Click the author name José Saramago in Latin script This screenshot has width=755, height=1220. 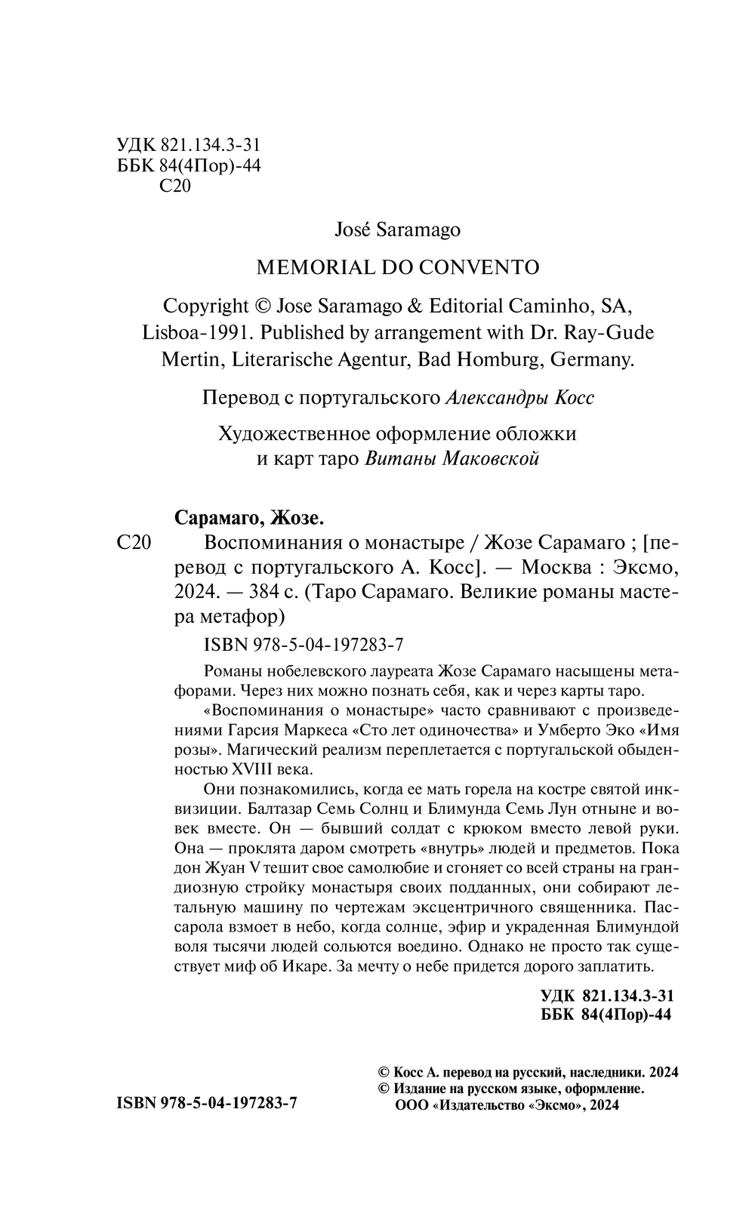click(397, 230)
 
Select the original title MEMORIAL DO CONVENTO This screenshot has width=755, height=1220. click(398, 266)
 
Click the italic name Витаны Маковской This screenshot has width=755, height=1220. click(451, 458)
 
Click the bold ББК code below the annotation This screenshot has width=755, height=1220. click(606, 1015)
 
